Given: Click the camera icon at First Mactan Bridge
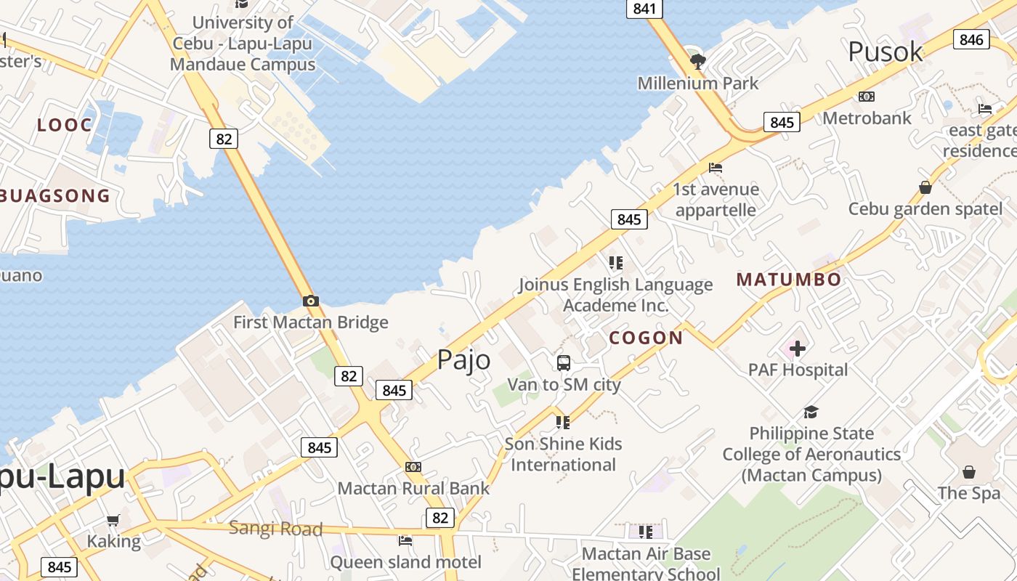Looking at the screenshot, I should tap(311, 301).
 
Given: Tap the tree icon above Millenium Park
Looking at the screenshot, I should tap(698, 61).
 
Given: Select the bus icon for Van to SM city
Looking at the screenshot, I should tap(564, 362).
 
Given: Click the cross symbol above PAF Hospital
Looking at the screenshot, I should tap(798, 349).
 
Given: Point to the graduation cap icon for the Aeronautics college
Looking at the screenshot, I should tap(811, 412).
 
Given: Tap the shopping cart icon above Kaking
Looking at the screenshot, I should tap(113, 520).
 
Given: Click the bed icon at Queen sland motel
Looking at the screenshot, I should tap(405, 540).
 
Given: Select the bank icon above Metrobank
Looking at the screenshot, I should tap(867, 96).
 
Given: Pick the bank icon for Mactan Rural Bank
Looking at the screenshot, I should tap(413, 466).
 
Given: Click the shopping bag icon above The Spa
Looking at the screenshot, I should tap(968, 472).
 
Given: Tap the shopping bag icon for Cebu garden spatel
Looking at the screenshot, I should tap(925, 187).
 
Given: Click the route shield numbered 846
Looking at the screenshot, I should tap(971, 39).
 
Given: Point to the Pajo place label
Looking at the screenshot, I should tap(463, 359).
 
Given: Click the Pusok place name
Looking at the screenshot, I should tap(886, 52).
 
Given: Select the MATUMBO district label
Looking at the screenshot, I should tap(789, 280).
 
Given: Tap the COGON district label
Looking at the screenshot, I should tap(646, 338).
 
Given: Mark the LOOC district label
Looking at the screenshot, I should tap(65, 125).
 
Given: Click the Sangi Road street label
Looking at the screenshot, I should tap(275, 528).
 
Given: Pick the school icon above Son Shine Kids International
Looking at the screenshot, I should tap(563, 421).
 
